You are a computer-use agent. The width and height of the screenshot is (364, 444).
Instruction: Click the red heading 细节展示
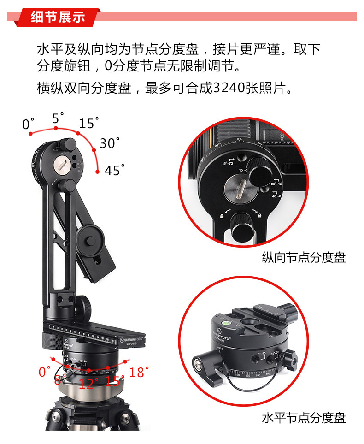58,17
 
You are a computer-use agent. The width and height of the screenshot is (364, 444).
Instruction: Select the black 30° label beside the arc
109,143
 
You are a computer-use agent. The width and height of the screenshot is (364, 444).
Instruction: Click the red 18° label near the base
139,373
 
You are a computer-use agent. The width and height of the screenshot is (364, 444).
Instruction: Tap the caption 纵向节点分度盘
304,257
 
